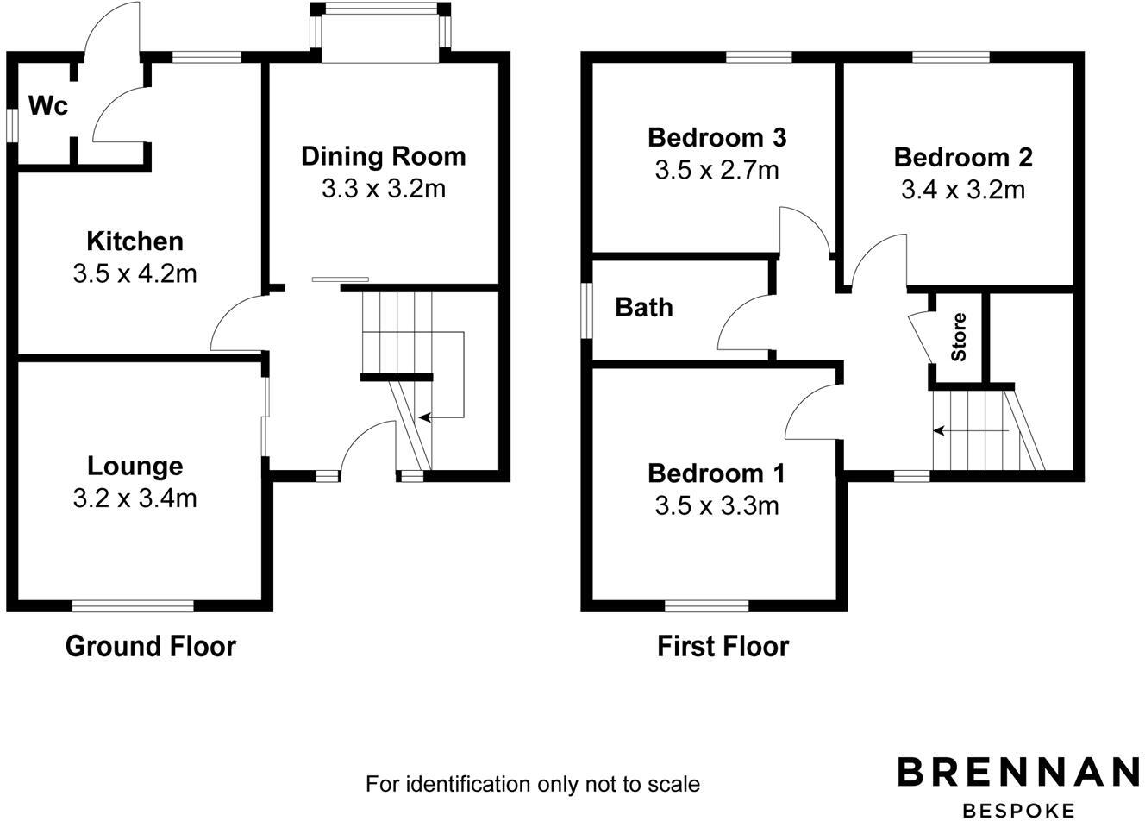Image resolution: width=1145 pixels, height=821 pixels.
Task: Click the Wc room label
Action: click(x=48, y=106)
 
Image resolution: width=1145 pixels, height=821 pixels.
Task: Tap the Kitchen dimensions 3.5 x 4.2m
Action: click(x=135, y=274)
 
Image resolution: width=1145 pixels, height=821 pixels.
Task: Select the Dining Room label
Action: click(x=383, y=156)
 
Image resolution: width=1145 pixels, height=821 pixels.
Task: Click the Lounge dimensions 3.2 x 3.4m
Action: click(x=135, y=498)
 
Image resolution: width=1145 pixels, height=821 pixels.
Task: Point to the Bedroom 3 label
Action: click(x=716, y=137)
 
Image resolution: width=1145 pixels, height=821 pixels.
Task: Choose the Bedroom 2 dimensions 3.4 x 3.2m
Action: click(x=963, y=190)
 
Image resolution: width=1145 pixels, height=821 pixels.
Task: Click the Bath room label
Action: click(x=644, y=307)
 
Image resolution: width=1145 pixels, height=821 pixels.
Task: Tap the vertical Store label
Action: click(x=959, y=337)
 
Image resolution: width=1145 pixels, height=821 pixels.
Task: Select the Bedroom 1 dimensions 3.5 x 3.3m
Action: click(x=716, y=505)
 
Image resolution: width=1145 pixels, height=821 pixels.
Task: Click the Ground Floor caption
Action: click(x=150, y=646)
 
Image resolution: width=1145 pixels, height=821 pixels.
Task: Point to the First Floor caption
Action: click(x=723, y=646)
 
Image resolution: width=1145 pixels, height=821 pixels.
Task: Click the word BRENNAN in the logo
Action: click(x=1018, y=772)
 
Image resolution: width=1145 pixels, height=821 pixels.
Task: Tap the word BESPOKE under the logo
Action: click(x=1018, y=811)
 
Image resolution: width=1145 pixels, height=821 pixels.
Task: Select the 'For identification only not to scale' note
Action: click(x=533, y=784)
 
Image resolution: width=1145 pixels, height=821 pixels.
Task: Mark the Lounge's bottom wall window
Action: click(x=133, y=605)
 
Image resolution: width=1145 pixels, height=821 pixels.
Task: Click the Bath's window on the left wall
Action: click(x=586, y=310)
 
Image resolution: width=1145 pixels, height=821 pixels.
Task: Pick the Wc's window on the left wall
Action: click(x=12, y=122)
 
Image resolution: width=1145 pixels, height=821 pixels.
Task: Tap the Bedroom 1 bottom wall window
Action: click(x=707, y=605)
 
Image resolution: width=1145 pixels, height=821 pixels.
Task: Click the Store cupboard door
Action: click(x=921, y=338)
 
